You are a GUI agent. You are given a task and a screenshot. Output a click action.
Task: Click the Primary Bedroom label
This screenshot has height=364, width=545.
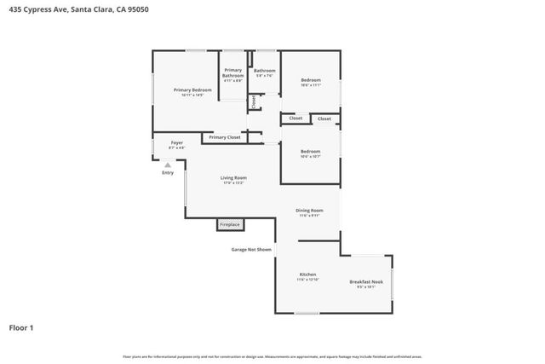click(192, 90)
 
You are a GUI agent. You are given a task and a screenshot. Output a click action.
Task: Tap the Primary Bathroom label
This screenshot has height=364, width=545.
click(232, 73)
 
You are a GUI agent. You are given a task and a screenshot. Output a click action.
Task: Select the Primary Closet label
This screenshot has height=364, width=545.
click(225, 137)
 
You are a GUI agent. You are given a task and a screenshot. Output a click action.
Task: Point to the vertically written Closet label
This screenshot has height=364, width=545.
click(253, 101)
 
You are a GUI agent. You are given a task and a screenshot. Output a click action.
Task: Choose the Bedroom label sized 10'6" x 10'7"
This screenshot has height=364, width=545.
click(310, 152)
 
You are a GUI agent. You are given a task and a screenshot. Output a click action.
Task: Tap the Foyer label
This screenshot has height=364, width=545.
click(177, 142)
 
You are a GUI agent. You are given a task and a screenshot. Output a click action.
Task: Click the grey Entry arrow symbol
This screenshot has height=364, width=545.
click(168, 165)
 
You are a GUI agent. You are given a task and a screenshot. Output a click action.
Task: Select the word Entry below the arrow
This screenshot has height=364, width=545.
click(168, 173)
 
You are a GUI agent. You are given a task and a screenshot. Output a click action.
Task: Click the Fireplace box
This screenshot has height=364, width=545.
click(230, 225)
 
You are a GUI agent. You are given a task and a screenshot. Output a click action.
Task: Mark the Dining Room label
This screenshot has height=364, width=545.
click(309, 210)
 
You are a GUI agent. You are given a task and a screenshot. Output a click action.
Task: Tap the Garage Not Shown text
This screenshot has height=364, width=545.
click(251, 250)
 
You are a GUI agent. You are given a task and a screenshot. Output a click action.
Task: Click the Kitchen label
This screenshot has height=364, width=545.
click(307, 274)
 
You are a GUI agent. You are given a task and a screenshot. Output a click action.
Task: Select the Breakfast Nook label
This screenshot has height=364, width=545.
click(366, 281)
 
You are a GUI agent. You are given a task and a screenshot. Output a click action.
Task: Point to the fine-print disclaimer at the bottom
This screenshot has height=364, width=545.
click(272, 356)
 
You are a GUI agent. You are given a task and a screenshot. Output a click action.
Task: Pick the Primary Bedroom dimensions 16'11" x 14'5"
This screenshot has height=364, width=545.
click(192, 95)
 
